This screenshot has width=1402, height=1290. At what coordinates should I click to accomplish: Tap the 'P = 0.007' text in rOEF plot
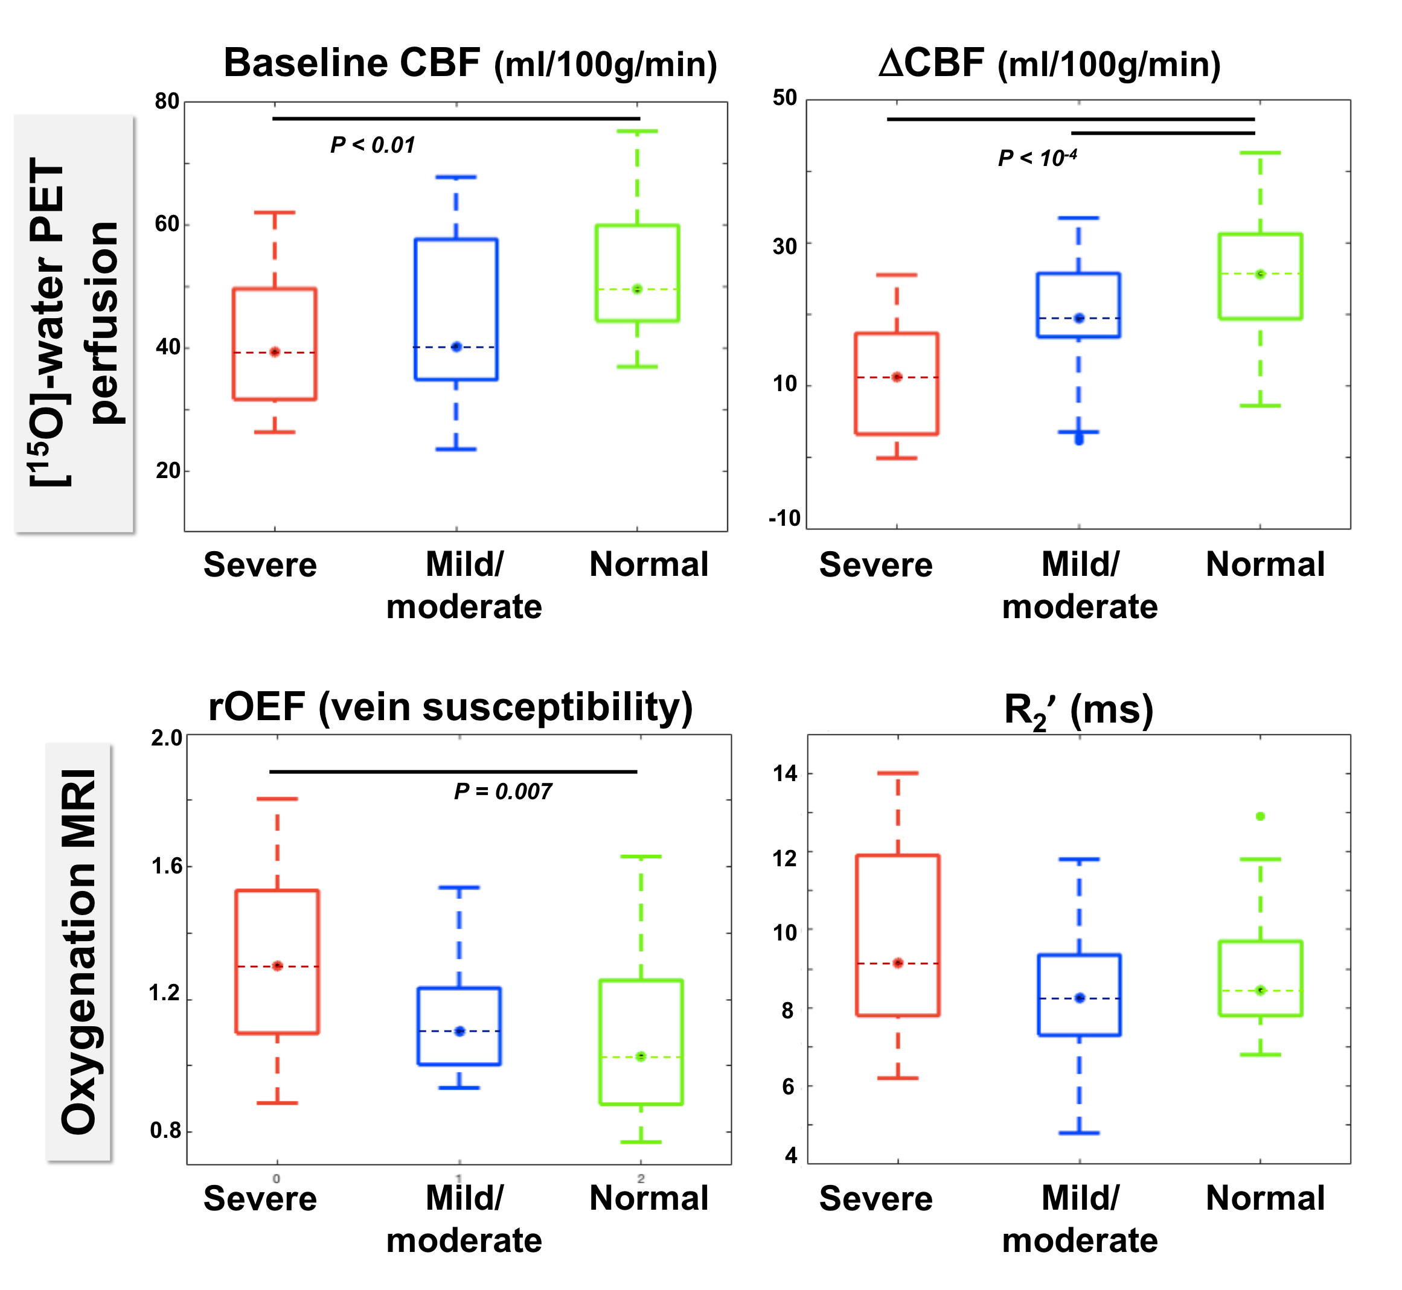pyautogui.click(x=503, y=791)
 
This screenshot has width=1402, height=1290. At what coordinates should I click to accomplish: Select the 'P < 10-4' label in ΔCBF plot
pyautogui.click(x=1037, y=158)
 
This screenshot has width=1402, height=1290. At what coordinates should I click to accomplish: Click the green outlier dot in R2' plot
pyautogui.click(x=1260, y=816)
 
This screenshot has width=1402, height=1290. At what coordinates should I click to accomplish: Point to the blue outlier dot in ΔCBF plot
pyautogui.click(x=1079, y=440)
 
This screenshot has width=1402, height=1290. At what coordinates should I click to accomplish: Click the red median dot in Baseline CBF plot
pyautogui.click(x=275, y=353)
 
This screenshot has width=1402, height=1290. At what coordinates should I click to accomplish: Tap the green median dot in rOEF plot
pyautogui.click(x=641, y=1056)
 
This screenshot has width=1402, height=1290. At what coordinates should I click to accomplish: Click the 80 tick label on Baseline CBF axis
pyautogui.click(x=168, y=101)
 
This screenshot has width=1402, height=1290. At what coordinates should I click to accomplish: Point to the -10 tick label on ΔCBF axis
pyautogui.click(x=784, y=518)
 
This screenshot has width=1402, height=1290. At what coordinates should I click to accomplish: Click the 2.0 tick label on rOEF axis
pyautogui.click(x=166, y=738)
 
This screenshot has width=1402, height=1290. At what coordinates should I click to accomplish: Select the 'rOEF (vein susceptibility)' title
pyautogui.click(x=451, y=706)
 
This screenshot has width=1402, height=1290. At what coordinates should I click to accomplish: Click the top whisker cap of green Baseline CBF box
pyautogui.click(x=637, y=131)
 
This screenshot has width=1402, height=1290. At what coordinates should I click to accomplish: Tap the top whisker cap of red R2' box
pyautogui.click(x=898, y=773)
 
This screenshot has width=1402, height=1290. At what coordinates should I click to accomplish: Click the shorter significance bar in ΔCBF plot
pyautogui.click(x=1162, y=133)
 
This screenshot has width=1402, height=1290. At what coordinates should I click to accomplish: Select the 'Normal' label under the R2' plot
pyautogui.click(x=1265, y=1198)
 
